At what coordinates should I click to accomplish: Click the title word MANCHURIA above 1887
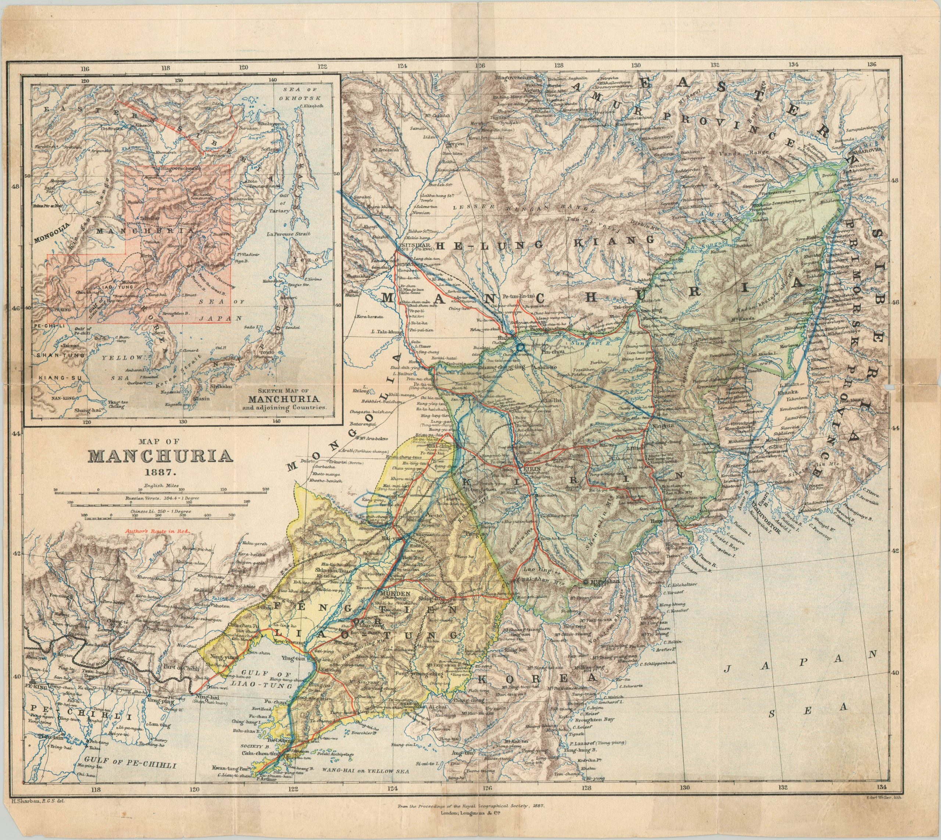pos(160,457)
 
